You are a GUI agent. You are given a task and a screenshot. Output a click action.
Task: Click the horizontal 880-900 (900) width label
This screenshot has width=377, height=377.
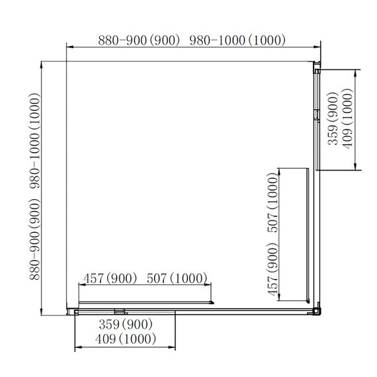point(139,40)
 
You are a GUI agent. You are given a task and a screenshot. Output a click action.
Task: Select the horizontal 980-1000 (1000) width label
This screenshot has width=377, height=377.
point(237,40)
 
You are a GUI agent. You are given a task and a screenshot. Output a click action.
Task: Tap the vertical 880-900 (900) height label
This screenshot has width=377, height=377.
point(34,239)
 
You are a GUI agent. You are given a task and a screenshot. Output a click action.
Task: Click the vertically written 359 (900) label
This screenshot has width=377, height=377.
point(333,119)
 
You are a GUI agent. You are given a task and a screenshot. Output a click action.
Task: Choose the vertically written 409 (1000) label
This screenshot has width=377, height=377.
point(347,119)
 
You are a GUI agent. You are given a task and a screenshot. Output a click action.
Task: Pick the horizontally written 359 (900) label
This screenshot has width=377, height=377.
point(126,324)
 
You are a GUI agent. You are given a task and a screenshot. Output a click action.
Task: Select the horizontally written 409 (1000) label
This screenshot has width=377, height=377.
point(126,339)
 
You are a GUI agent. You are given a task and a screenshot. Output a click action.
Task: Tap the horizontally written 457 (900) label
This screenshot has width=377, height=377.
point(110,278)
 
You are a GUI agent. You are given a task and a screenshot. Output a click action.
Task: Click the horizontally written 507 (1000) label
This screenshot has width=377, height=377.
point(177,278)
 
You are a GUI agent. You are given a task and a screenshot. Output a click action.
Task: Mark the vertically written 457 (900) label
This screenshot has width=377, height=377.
point(272,270)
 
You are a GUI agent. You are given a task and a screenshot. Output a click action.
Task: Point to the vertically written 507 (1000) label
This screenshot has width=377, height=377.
point(272,202)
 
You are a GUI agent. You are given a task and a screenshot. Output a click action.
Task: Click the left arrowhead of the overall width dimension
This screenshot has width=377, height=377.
point(69,47)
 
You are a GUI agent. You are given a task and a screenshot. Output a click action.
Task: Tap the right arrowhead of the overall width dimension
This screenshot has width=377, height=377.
point(317,47)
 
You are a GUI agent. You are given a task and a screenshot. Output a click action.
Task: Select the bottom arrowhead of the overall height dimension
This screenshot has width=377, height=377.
point(42,312)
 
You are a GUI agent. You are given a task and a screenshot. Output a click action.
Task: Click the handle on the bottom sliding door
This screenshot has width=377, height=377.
point(120,312)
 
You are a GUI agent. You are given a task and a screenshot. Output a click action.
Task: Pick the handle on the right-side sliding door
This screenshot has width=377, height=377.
point(317,116)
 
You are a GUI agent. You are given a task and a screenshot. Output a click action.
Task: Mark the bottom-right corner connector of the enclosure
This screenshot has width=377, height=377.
point(317,310)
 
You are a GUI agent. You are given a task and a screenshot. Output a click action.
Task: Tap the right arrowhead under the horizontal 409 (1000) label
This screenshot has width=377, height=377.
point(172,347)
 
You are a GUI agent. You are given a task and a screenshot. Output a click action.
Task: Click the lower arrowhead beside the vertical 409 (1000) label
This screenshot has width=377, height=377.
point(355,167)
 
